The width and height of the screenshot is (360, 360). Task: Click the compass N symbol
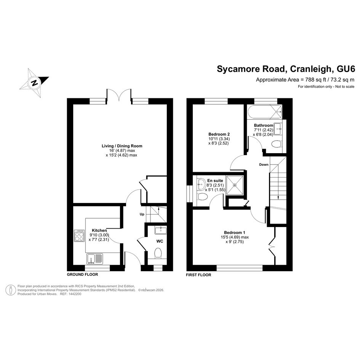(34, 83)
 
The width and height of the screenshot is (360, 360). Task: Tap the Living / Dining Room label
(122, 146)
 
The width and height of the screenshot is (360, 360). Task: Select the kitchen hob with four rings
(79, 236)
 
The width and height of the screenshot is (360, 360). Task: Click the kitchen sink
(94, 259)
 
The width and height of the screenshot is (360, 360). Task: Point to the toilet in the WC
(158, 253)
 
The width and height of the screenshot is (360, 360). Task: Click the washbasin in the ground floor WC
(160, 230)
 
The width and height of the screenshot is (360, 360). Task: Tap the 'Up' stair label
(142, 214)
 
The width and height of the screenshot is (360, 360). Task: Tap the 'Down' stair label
(264, 165)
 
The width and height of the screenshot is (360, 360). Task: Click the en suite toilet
(202, 197)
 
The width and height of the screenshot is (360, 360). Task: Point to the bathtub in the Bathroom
(265, 112)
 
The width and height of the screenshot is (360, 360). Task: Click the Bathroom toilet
(276, 144)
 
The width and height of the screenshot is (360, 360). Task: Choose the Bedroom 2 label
(219, 134)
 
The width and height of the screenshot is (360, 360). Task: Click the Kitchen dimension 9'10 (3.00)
(99, 235)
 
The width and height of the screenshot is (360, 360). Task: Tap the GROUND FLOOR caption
(82, 274)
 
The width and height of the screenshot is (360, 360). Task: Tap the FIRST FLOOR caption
(198, 275)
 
